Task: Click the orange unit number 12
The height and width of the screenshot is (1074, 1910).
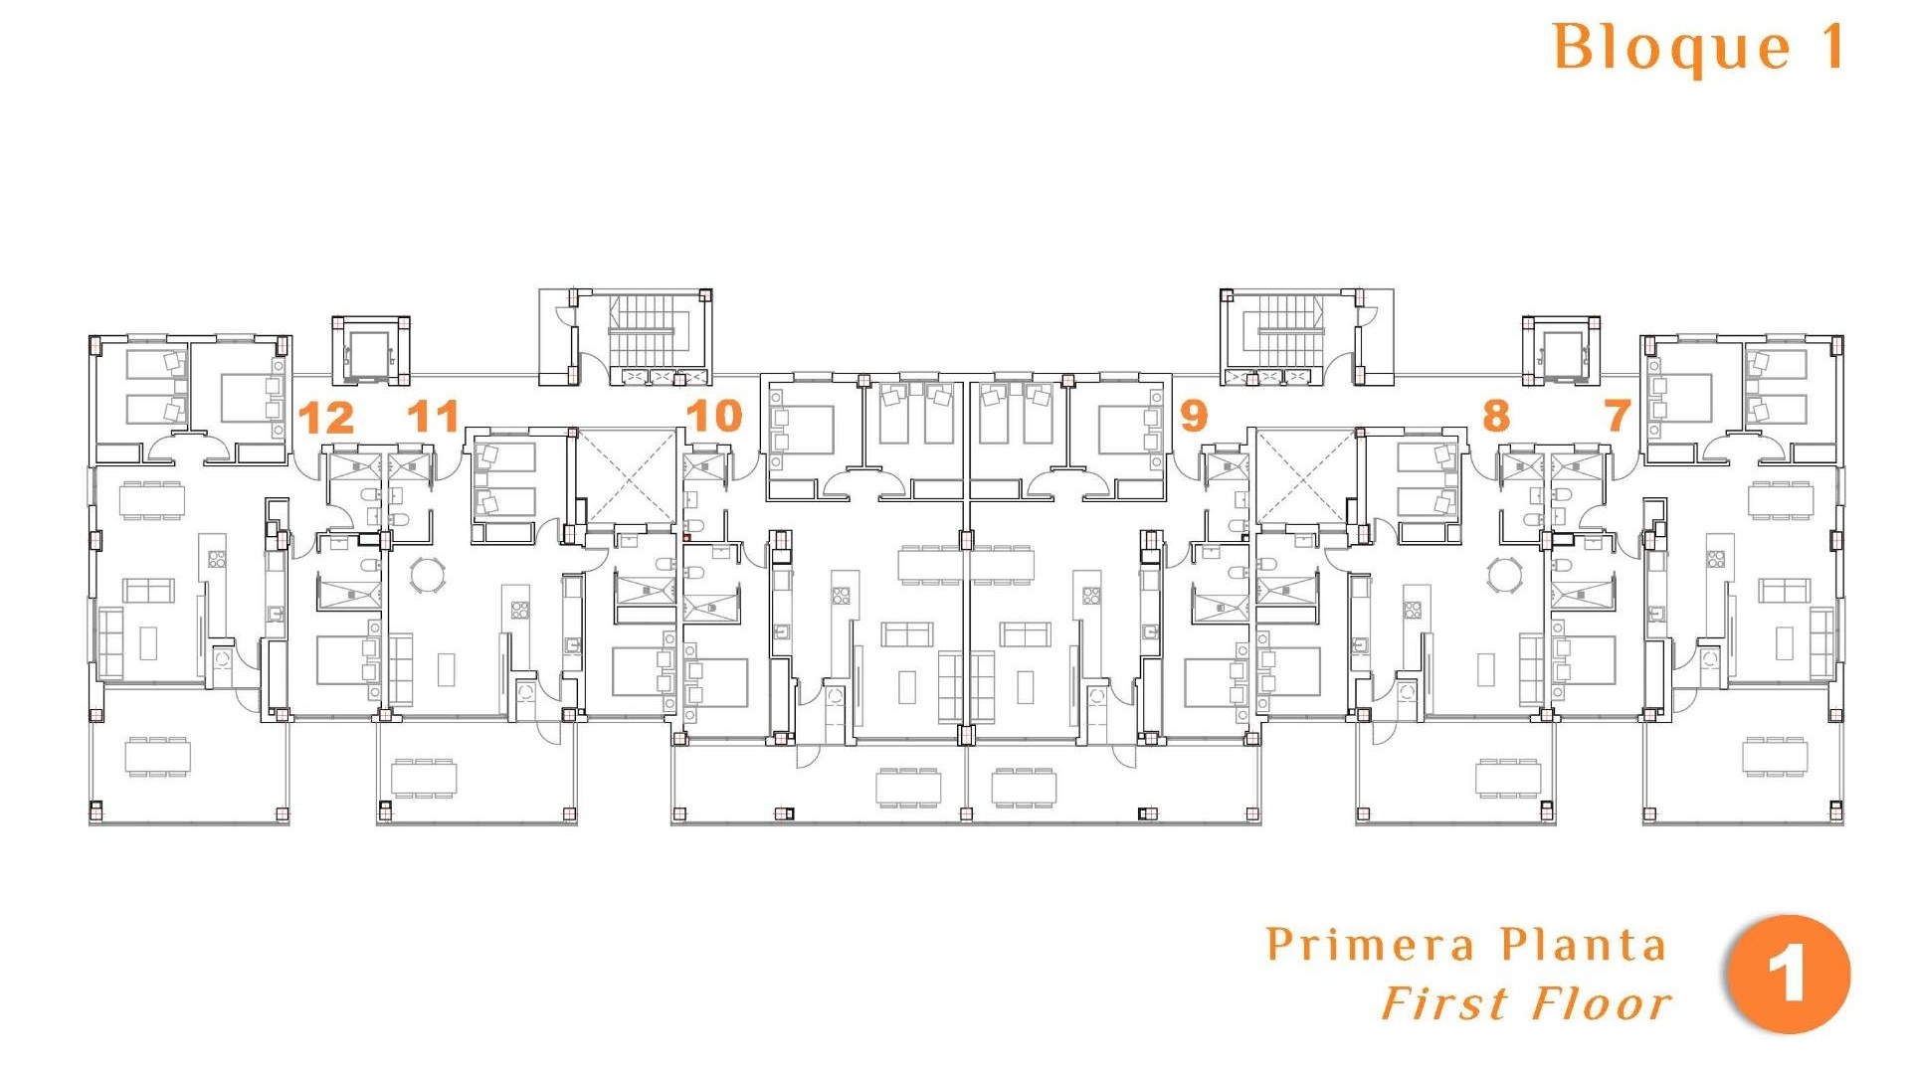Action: pyautogui.click(x=326, y=418)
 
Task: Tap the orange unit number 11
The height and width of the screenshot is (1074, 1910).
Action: pyautogui.click(x=433, y=416)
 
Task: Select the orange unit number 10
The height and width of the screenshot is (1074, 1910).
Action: pyautogui.click(x=714, y=416)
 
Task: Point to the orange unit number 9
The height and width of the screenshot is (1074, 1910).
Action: pyautogui.click(x=1194, y=415)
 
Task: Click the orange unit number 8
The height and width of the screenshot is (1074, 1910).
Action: pyautogui.click(x=1495, y=416)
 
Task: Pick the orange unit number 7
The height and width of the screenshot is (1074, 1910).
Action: pyautogui.click(x=1618, y=416)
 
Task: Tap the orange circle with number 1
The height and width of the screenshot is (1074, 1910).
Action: pyautogui.click(x=1789, y=975)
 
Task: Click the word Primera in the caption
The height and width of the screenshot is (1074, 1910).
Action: pyautogui.click(x=1370, y=945)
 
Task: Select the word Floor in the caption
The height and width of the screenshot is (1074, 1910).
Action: pyautogui.click(x=1603, y=1004)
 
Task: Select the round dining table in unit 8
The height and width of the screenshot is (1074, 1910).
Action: pyautogui.click(x=1504, y=575)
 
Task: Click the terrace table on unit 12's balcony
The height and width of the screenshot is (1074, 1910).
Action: pyautogui.click(x=157, y=757)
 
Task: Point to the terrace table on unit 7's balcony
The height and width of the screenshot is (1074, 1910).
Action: pyautogui.click(x=1774, y=757)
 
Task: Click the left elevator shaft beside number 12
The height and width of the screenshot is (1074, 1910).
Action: pyautogui.click(x=369, y=351)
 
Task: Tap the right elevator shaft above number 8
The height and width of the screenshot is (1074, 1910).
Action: pyautogui.click(x=1561, y=351)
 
